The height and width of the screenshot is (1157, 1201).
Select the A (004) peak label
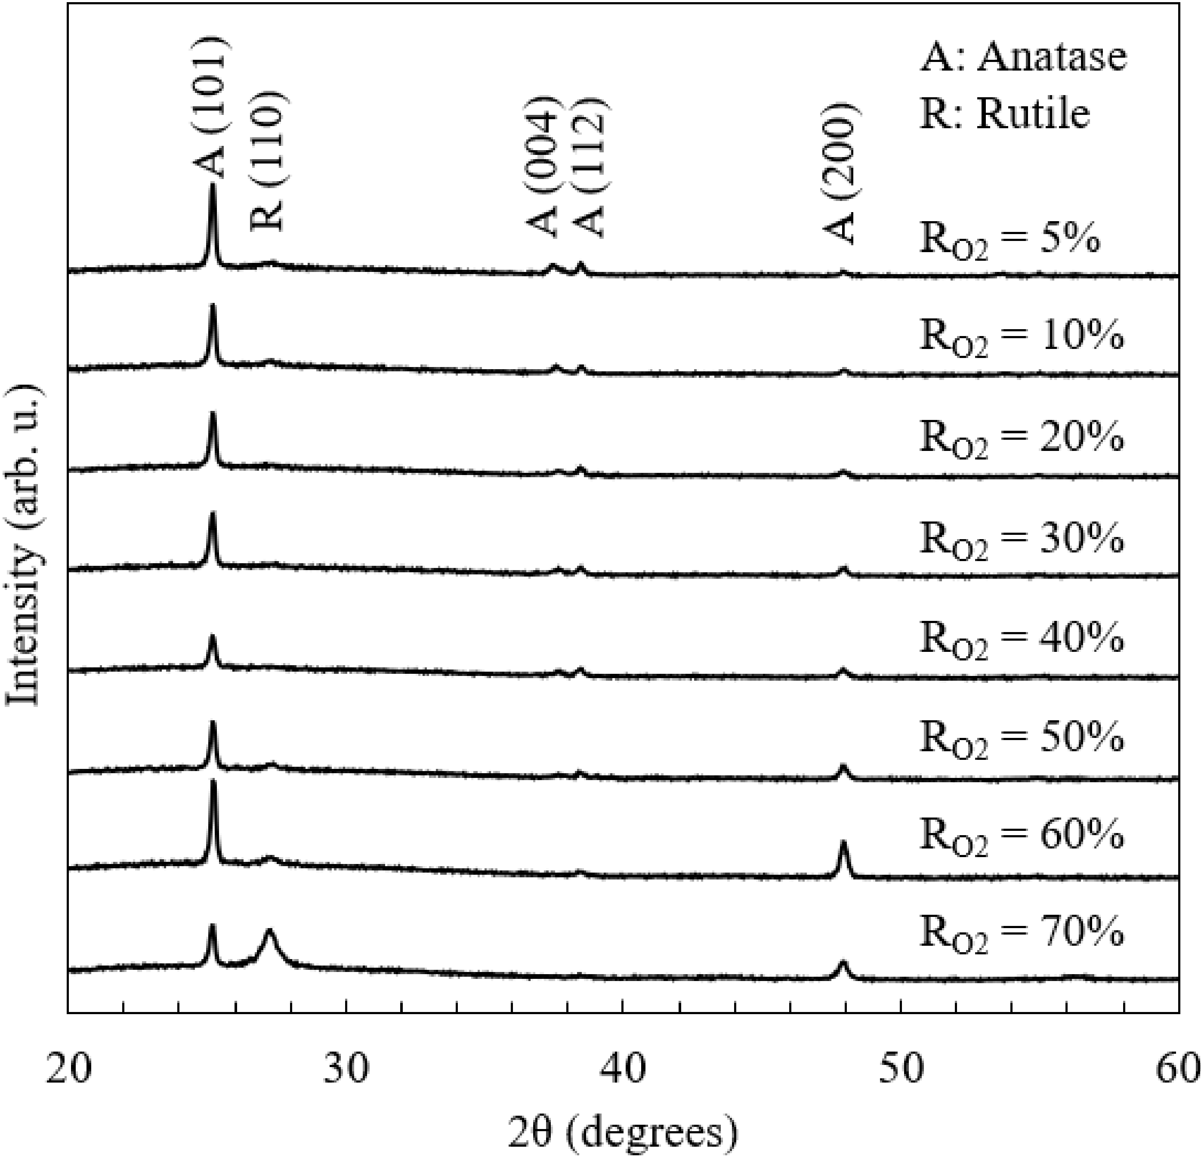[542, 166]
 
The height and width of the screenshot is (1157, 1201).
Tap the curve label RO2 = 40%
[1022, 640]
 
